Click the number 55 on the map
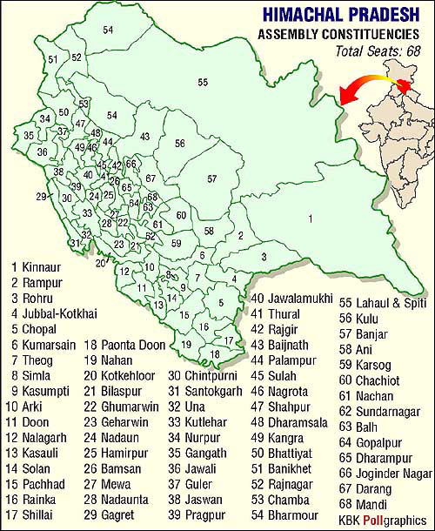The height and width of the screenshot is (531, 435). [x=203, y=82]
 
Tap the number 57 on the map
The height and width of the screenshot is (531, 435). [x=211, y=178]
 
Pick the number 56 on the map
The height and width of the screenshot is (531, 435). [x=179, y=143]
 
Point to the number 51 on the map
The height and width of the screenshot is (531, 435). [x=53, y=59]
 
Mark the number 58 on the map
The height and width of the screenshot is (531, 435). [x=209, y=230]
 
